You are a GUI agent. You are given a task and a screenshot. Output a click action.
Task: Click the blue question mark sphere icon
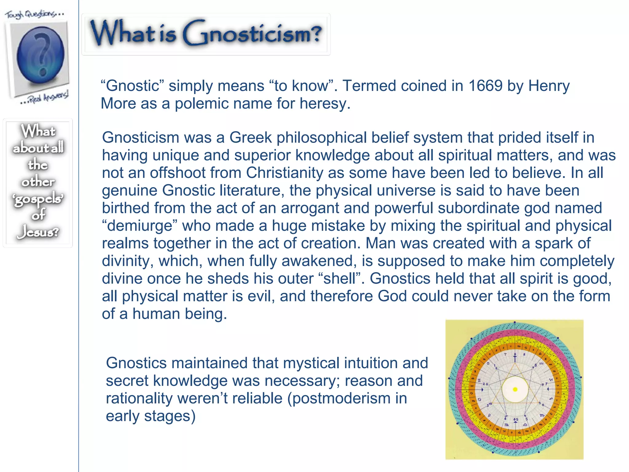pos(40,55)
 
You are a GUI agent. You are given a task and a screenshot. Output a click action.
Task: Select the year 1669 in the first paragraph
pos(485,86)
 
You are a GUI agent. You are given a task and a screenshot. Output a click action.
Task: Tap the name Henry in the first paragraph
pos(549,86)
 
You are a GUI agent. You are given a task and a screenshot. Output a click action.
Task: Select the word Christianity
pos(284,173)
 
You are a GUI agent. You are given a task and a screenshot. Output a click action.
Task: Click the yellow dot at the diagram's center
pos(515,390)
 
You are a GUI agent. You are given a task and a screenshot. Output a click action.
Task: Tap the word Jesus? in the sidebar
pos(38,232)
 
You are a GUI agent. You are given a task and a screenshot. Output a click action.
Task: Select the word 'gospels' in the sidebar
pos(38,199)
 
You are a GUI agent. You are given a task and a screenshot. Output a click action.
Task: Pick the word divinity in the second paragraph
pos(127,261)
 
